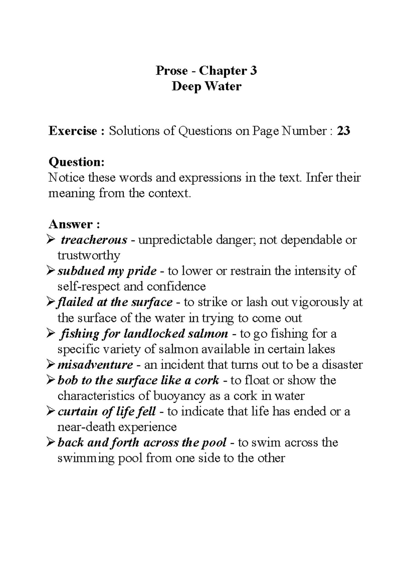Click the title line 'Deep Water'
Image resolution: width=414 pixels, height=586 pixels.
pos(206,86)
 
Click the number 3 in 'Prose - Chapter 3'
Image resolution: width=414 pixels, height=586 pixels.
pos(253,71)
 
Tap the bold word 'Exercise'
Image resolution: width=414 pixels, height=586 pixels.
pos(73,131)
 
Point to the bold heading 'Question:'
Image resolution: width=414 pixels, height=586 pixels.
pos(76,162)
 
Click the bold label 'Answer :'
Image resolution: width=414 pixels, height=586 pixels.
pos(74,224)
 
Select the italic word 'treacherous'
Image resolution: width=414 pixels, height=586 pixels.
pos(94,240)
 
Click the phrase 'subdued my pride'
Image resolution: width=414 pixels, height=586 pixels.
pos(107,271)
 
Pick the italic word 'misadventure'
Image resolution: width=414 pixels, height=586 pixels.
pos(95,365)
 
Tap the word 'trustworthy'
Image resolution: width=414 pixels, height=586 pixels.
pos(89,256)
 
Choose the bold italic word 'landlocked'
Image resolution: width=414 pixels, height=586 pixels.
pos(154,334)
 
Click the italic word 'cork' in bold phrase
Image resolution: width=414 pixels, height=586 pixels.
pos(207,381)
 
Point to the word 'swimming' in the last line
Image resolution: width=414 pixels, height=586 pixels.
pos(86,459)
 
